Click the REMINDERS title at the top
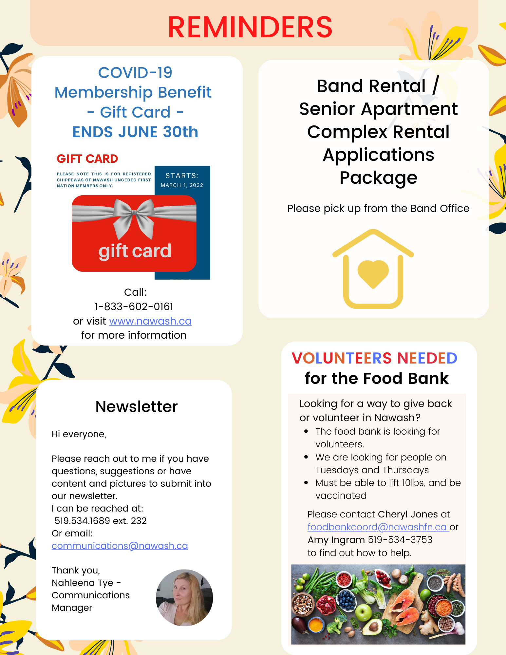250,27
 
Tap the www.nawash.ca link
150,321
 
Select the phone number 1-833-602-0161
134,307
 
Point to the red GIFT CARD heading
87,159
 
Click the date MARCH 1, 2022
182,185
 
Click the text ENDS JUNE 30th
135,132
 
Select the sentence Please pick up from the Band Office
378,209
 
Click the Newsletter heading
137,407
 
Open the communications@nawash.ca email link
120,546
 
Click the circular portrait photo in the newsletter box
184,598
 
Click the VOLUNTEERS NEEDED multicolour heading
374,358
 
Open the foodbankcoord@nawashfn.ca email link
377,527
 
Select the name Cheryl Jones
408,514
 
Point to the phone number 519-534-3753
400,540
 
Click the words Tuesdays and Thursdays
372,470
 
